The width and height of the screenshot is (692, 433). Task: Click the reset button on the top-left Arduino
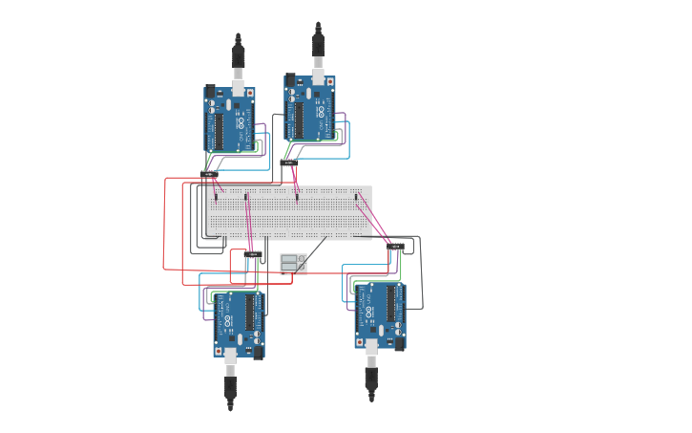point(250,94)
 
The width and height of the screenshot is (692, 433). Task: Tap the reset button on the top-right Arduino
point(330,81)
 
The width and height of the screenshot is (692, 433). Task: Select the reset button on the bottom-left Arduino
point(219,352)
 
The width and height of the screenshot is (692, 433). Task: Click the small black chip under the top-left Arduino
point(209,174)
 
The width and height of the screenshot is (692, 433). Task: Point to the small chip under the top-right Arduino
point(289,162)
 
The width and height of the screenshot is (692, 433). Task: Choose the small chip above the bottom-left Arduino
point(254,253)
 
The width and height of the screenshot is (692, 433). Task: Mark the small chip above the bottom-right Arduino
point(395,246)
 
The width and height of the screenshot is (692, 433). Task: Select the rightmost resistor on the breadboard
point(358,198)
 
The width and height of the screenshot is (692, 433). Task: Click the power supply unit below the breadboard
point(293,263)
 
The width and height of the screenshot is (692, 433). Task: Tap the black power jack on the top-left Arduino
point(211,93)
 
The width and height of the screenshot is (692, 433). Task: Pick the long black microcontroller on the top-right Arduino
point(299,119)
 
